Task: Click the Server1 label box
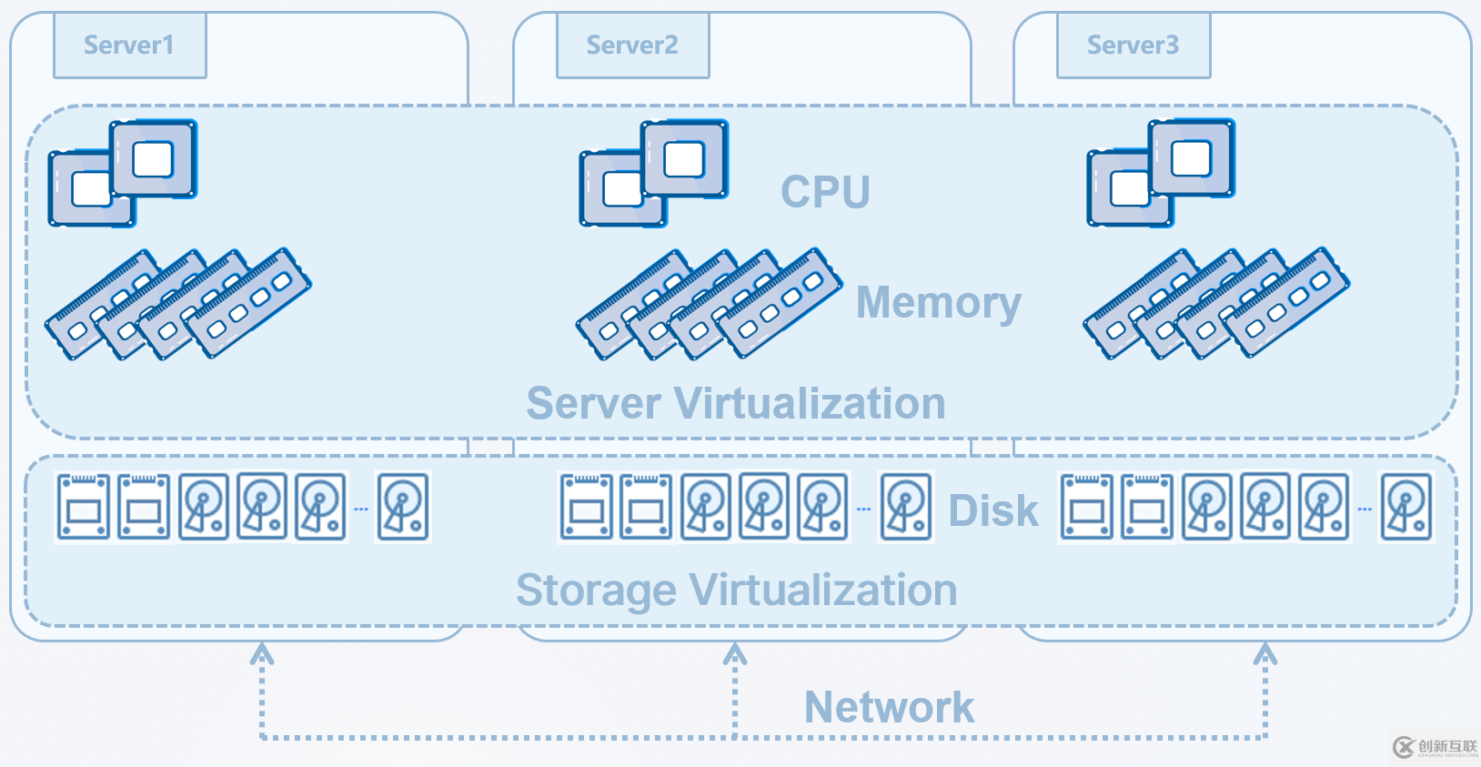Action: pos(130,45)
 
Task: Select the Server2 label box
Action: pos(632,45)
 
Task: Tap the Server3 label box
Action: pos(1133,45)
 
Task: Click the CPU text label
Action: pos(825,192)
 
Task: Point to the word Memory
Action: pos(938,303)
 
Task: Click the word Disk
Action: pos(992,510)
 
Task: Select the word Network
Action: pos(889,707)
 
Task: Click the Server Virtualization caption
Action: pos(735,403)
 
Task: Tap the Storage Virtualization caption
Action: pos(736,590)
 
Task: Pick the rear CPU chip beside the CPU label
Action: pos(684,159)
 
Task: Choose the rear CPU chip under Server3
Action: pos(1192,158)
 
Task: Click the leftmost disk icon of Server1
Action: pos(84,507)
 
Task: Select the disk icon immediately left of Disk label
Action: pos(905,507)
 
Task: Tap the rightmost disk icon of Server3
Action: pos(1406,507)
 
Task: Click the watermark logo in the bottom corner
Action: pos(1435,747)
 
